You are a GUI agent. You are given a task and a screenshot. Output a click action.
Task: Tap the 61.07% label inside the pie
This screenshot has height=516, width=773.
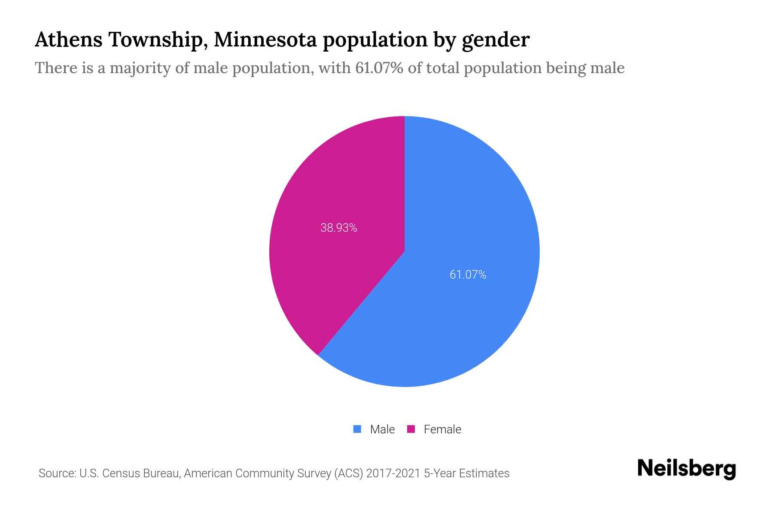coord(468,275)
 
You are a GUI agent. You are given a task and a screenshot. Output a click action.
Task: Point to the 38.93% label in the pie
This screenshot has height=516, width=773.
coord(339,228)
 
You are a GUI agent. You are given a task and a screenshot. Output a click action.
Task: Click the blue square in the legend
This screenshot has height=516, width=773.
coord(357,429)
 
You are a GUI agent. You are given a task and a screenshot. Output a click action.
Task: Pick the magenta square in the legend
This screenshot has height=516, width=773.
coord(411,429)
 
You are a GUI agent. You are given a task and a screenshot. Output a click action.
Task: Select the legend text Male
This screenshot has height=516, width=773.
coord(382,429)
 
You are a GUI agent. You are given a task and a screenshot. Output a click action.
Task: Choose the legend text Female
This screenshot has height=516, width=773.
coord(442,429)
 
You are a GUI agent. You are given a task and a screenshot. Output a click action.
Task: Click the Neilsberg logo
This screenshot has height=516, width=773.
coord(686,469)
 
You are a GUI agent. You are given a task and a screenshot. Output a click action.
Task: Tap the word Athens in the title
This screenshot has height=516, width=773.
coord(68,40)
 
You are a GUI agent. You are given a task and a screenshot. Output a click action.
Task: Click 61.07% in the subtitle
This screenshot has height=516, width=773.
coord(379,68)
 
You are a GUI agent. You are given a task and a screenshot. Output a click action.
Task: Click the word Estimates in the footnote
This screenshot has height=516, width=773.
coord(484,473)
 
